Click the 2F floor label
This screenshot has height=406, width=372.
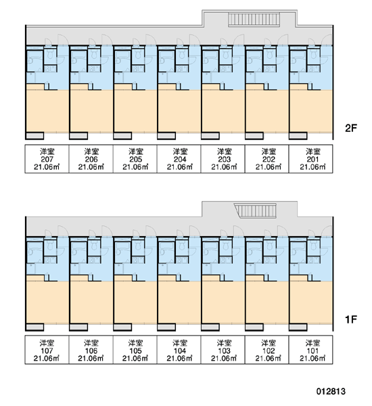[x=351, y=128]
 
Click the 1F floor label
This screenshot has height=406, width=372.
[x=351, y=319]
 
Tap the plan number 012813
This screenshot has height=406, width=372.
[x=331, y=391]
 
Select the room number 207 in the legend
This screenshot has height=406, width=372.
[x=47, y=159]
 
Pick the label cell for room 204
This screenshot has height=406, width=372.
[x=179, y=159]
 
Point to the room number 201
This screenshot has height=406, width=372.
[x=312, y=159]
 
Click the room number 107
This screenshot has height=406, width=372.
[x=47, y=351]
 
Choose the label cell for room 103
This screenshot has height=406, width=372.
[x=223, y=350]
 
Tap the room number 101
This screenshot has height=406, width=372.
[x=312, y=351]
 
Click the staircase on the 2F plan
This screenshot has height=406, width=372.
[x=254, y=20]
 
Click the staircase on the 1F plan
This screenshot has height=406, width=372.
[x=256, y=210]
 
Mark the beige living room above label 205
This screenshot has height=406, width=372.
[x=135, y=112]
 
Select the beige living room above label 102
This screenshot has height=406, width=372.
[x=267, y=302]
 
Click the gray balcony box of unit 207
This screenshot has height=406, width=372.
[x=35, y=136]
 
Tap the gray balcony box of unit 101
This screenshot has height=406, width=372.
[x=298, y=327]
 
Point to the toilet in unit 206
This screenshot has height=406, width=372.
[x=93, y=54]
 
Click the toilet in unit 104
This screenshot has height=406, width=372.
[x=181, y=246]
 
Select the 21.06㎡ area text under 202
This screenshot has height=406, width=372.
[x=269, y=167]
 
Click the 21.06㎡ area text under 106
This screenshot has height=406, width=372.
[x=91, y=359]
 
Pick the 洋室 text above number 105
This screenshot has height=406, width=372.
[x=135, y=343]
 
